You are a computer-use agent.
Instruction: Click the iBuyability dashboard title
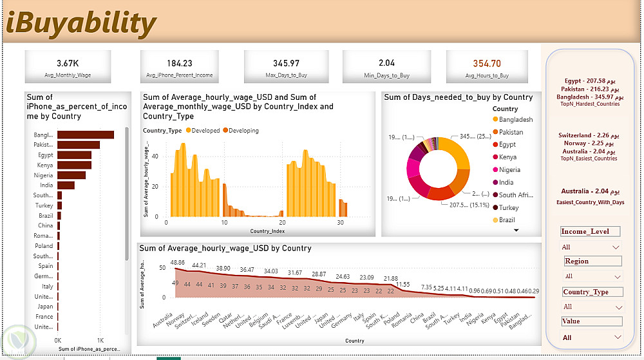coord(81,24)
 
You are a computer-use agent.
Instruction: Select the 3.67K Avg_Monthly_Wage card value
coord(68,64)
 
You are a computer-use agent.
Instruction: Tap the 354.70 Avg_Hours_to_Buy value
coord(486,64)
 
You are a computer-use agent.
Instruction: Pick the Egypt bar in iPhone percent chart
coord(74,155)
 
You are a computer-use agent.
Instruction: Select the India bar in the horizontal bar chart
coord(66,185)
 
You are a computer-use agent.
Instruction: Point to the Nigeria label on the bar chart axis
coord(44,175)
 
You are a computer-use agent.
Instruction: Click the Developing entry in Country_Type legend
coord(241,131)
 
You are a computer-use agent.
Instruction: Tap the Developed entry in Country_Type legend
coord(203,131)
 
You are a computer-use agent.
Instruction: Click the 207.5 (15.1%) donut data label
coord(464,205)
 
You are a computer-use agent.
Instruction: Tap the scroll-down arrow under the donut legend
coord(516,230)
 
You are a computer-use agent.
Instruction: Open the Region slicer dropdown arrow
coord(616,277)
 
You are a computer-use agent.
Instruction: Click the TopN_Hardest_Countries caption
coord(589,104)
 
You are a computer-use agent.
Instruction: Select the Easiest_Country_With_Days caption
coord(589,202)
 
